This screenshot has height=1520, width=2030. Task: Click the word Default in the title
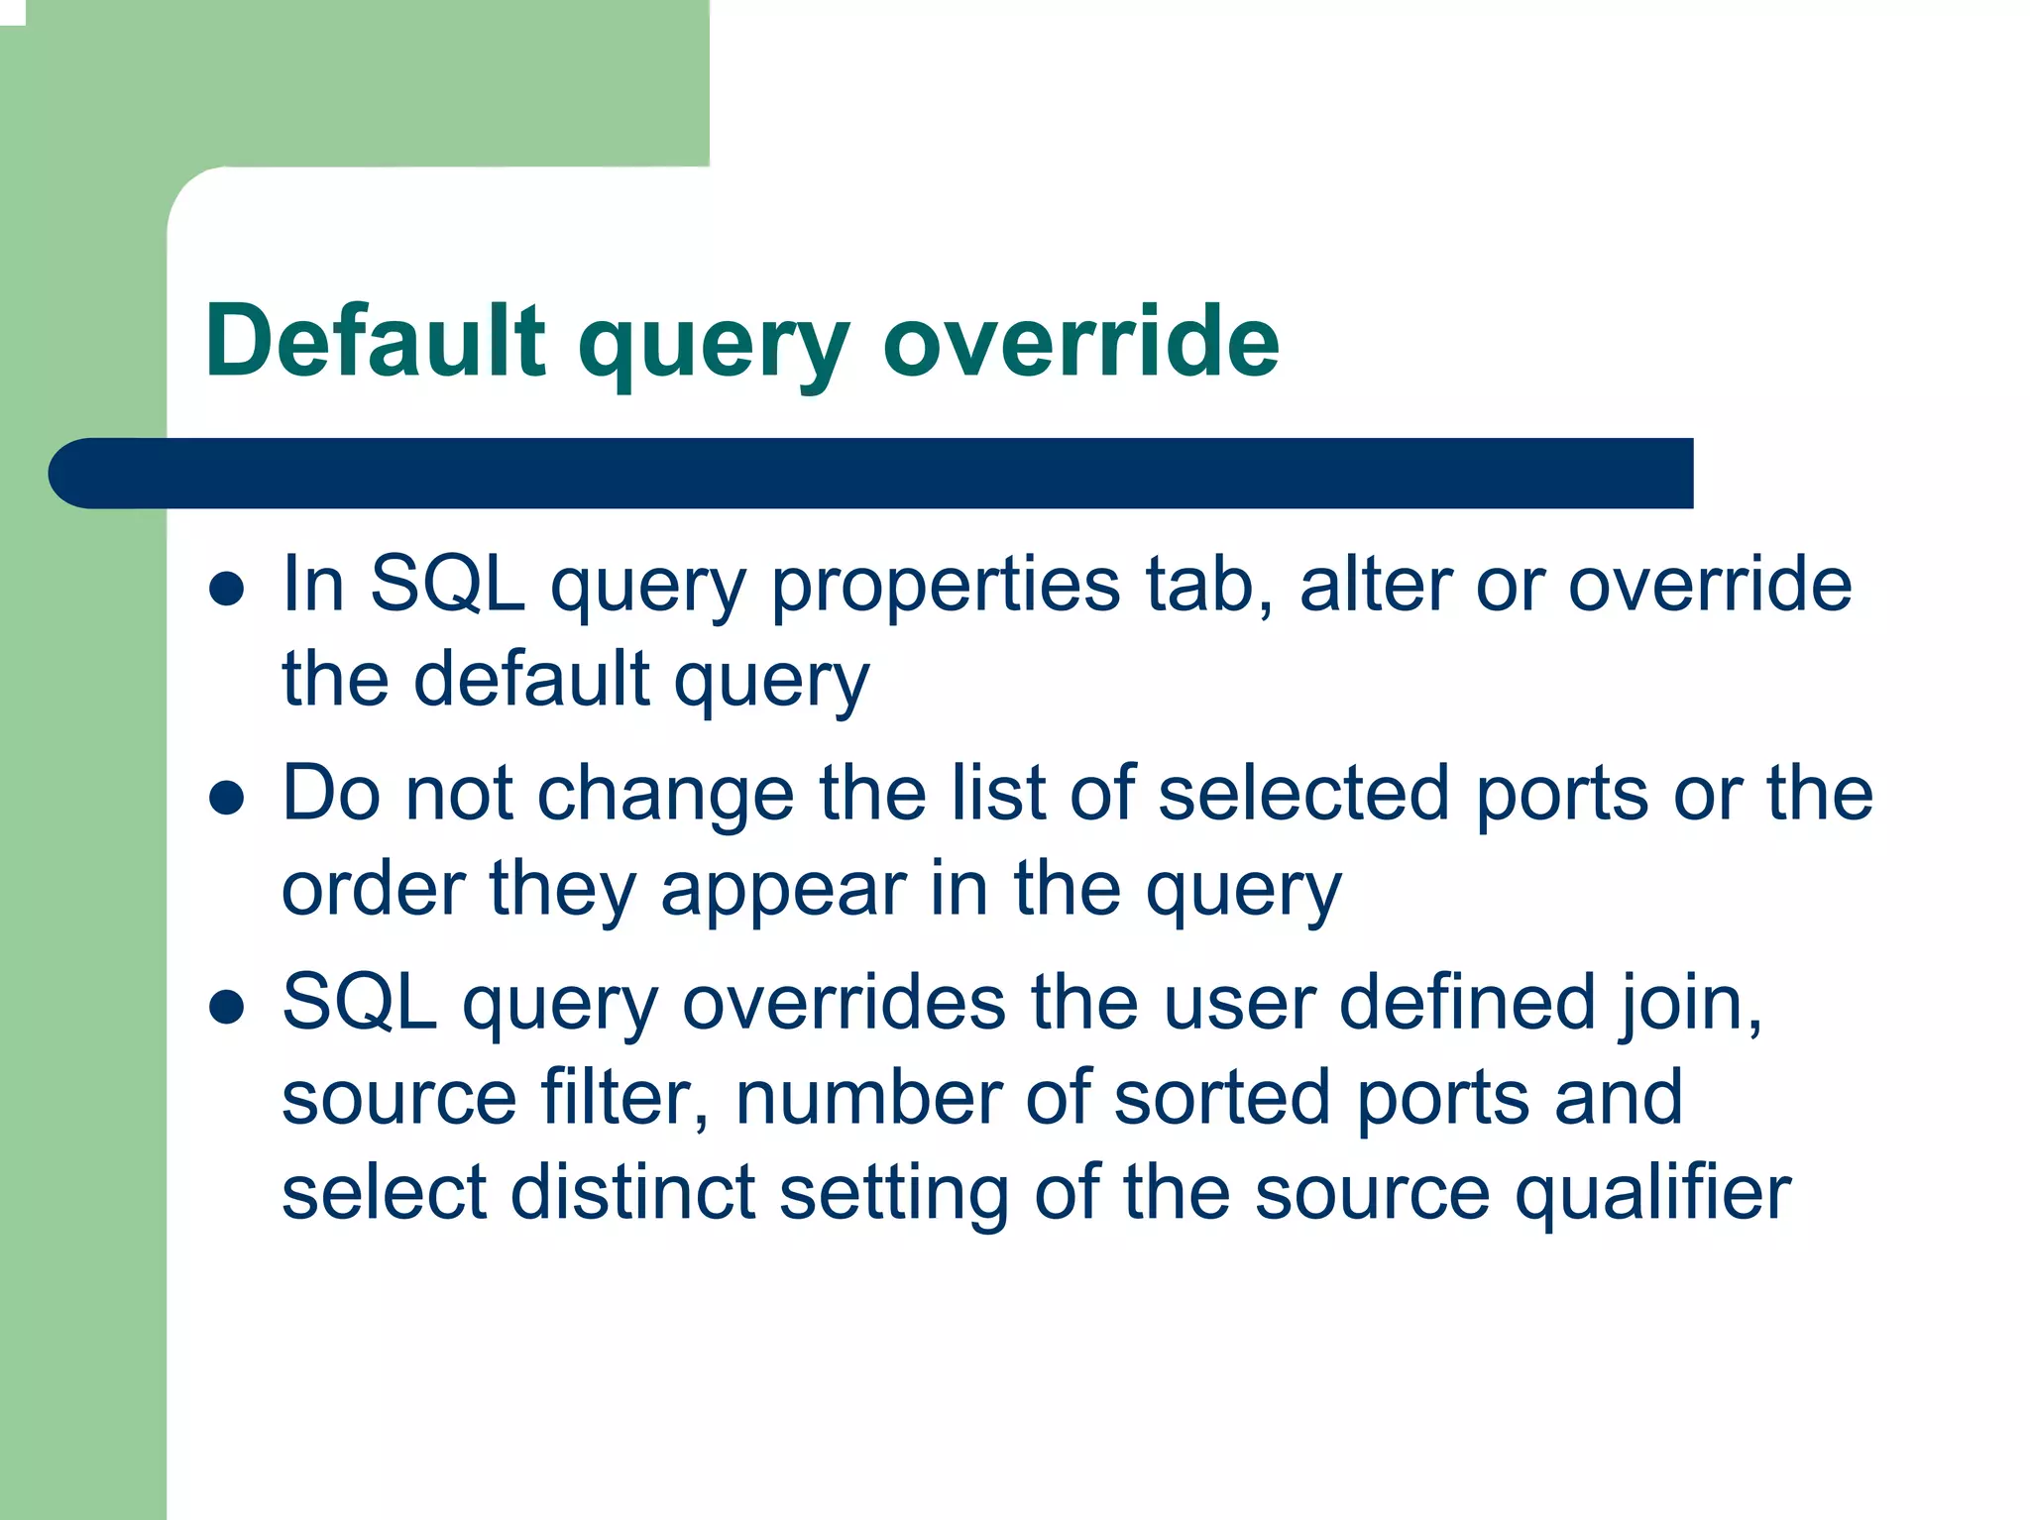pyautogui.click(x=375, y=341)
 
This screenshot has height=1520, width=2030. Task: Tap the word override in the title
pyautogui.click(x=1080, y=341)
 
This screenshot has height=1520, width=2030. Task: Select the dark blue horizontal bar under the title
pyautogui.click(x=872, y=474)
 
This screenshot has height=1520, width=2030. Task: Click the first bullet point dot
pyautogui.click(x=227, y=589)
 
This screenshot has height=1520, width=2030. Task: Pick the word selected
pyautogui.click(x=1303, y=795)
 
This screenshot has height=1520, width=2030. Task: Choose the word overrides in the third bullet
pyautogui.click(x=844, y=1003)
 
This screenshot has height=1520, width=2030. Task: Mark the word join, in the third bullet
pyautogui.click(x=1692, y=1005)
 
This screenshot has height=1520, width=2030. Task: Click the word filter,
pyautogui.click(x=624, y=1098)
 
